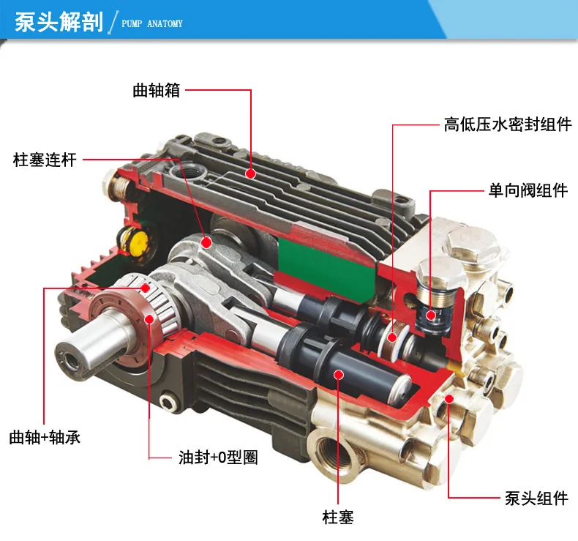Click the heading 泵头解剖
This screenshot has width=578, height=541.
pyautogui.click(x=59, y=22)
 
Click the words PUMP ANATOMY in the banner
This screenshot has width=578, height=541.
pyautogui.click(x=152, y=23)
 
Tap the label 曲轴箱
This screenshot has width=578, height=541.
pyautogui.click(x=157, y=90)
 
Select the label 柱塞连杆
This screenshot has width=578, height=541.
pyautogui.click(x=45, y=160)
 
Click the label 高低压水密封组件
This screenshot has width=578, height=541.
pyautogui.click(x=508, y=124)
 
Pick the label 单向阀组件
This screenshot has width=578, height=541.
pyautogui.click(x=528, y=190)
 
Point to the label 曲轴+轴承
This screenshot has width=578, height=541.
pyautogui.click(x=45, y=437)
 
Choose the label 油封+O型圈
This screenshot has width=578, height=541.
pyautogui.click(x=218, y=458)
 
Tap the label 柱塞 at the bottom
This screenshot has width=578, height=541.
pyautogui.click(x=338, y=517)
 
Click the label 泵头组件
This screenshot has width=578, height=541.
pyautogui.click(x=536, y=499)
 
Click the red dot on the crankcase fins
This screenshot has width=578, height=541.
pyautogui.click(x=251, y=174)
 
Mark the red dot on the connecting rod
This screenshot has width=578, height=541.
pyautogui.click(x=206, y=242)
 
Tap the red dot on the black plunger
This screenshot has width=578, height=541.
pyautogui.click(x=339, y=375)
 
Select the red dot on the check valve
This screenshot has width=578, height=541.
pyautogui.click(x=430, y=316)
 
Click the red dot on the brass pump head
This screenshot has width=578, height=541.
pyautogui.click(x=449, y=399)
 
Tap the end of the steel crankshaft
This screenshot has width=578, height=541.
pyautogui.click(x=70, y=359)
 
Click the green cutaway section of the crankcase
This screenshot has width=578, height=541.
pyautogui.click(x=326, y=266)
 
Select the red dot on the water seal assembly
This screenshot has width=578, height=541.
pyautogui.click(x=392, y=337)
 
